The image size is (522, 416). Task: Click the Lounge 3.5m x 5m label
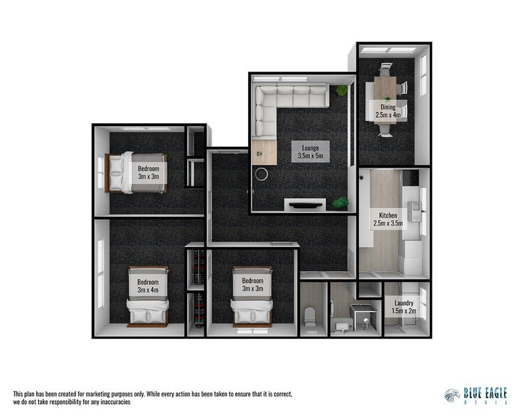click(x=311, y=151)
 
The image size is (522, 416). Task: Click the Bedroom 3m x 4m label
click(x=148, y=286)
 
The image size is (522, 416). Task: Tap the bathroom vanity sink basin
click(x=342, y=324)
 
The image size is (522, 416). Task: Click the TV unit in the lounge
click(x=306, y=204)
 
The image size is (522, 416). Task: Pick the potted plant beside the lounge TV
click(x=340, y=202)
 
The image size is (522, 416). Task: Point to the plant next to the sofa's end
click(x=341, y=91)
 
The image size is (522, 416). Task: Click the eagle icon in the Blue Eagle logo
click(x=452, y=395)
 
